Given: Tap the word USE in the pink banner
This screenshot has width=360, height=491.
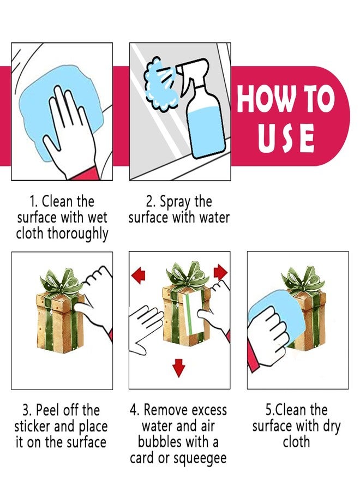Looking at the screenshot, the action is [x=286, y=138].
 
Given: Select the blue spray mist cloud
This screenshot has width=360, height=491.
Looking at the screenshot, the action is [x=158, y=84].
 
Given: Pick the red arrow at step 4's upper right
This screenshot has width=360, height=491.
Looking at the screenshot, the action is [x=220, y=272].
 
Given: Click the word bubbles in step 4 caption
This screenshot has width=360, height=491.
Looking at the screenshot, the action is [x=160, y=442].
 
